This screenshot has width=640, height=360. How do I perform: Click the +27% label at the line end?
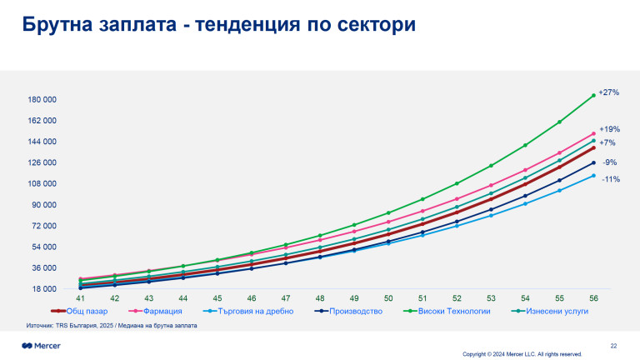pyautogui.click(x=609, y=92)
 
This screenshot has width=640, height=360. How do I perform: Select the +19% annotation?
pyautogui.click(x=609, y=129)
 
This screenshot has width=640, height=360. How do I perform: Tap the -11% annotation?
pyautogui.click(x=610, y=179)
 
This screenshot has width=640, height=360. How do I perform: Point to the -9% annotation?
pyautogui.click(x=610, y=162)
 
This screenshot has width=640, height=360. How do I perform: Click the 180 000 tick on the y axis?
pyautogui.click(x=42, y=100)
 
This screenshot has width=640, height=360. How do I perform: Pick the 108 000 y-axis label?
pyautogui.click(x=42, y=184)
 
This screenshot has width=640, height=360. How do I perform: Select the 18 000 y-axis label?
pyautogui.click(x=44, y=289)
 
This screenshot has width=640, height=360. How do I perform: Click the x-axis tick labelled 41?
pyautogui.click(x=81, y=297)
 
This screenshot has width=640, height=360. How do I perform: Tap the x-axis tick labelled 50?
pyautogui.click(x=387, y=297)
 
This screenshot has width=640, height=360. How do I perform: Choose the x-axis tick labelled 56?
pyautogui.click(x=592, y=297)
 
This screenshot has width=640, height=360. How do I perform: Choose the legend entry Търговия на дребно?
pyautogui.click(x=250, y=311)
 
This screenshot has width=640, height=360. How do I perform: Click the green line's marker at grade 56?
pyautogui.click(x=592, y=95)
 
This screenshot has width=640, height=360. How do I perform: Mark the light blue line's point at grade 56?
pyautogui.click(x=592, y=175)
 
